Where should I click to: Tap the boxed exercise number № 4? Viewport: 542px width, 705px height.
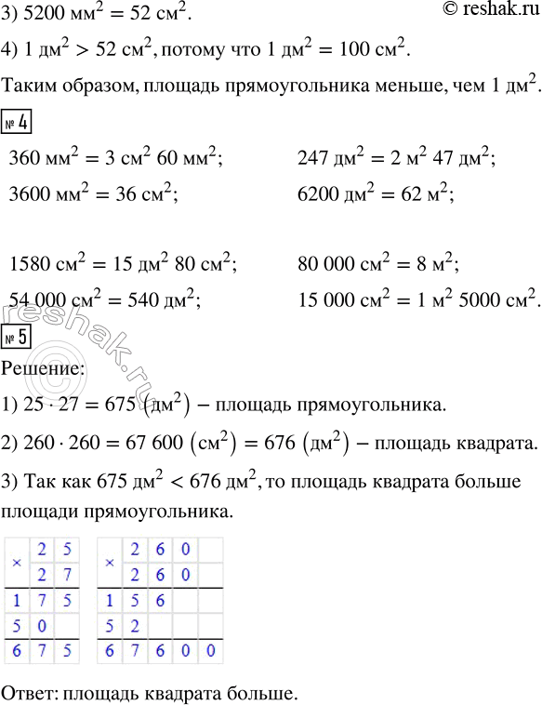(x=18, y=123)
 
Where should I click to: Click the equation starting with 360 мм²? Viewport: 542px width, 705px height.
(x=114, y=158)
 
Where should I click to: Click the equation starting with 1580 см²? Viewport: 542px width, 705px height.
(x=121, y=265)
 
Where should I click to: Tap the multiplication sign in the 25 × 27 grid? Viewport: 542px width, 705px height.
(x=16, y=563)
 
